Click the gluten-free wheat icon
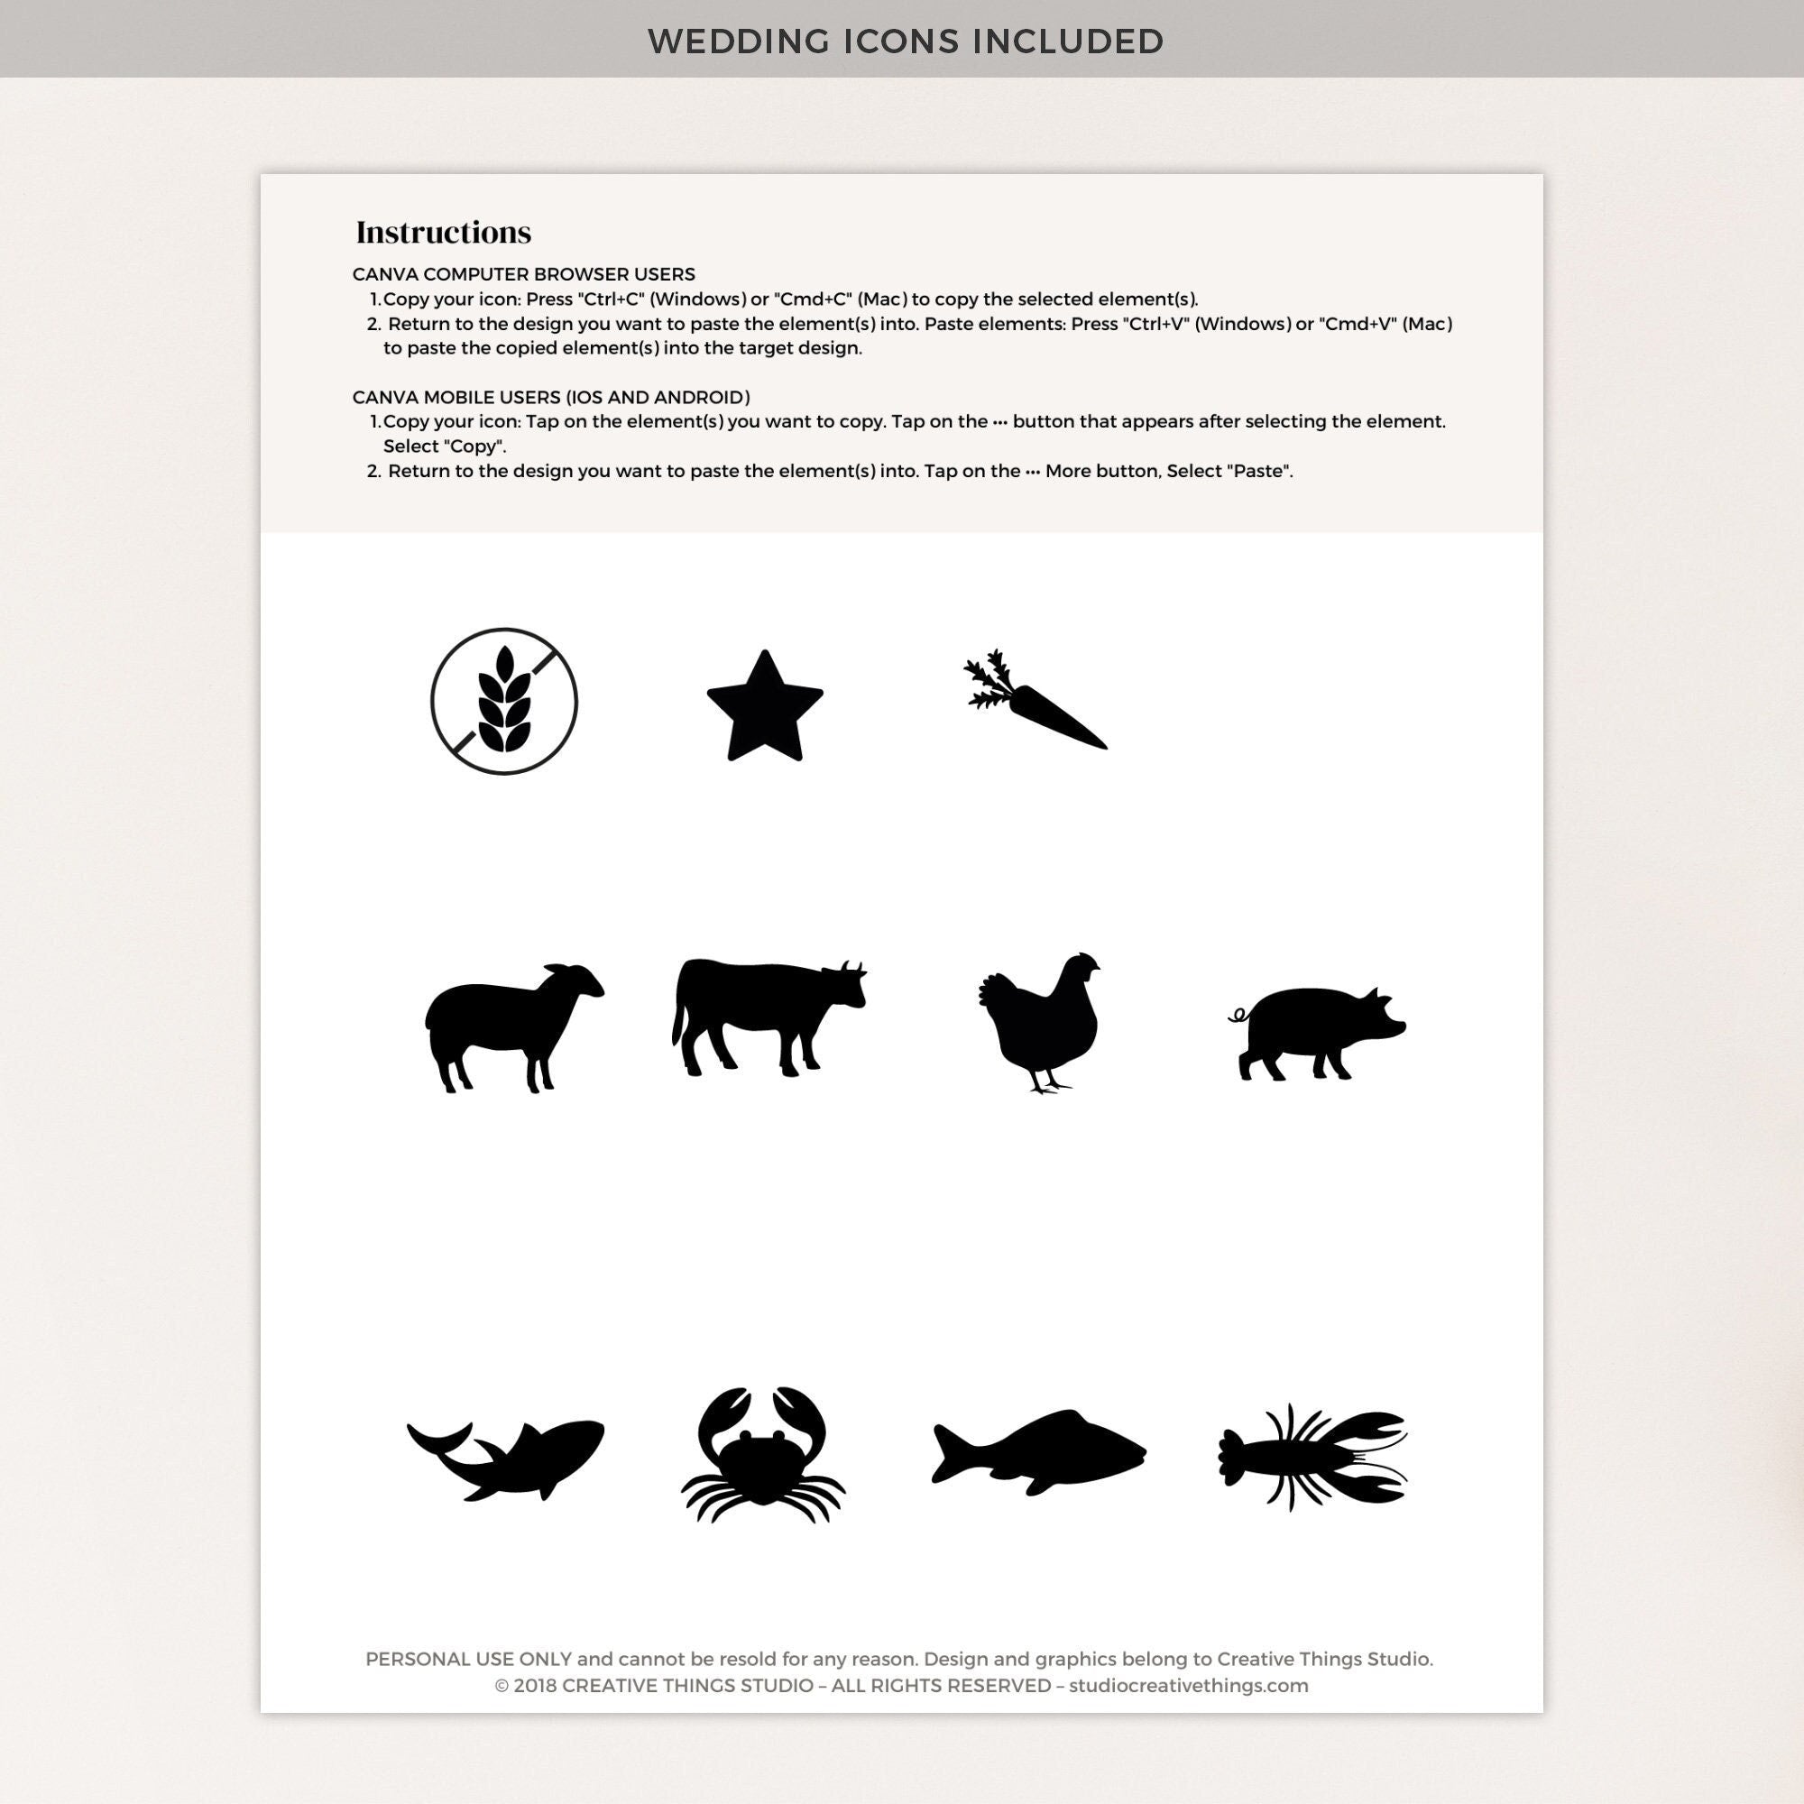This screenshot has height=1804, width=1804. pos(504,700)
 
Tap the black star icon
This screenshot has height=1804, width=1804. pos(765,708)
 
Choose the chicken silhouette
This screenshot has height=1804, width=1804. pos(1041,1023)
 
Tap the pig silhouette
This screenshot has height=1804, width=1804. pos(1321,1032)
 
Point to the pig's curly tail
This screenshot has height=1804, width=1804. pos(1239,1015)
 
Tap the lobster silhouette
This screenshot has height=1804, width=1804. pos(1312,1457)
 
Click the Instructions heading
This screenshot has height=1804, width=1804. pos(444,233)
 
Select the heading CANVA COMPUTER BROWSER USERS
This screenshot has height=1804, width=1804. pos(524,274)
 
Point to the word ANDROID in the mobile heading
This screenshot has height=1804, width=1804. pos(701,397)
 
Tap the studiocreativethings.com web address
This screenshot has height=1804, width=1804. pos(1189,1686)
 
